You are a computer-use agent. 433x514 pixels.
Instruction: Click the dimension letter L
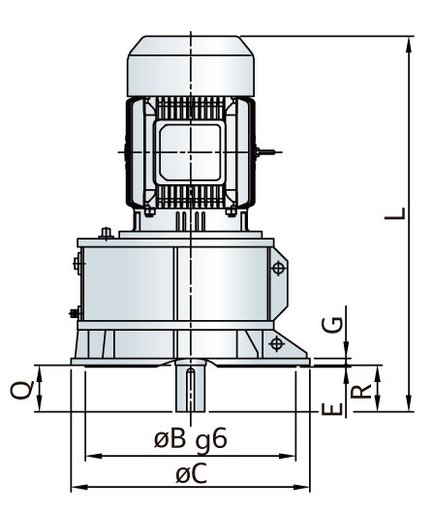tap(395, 213)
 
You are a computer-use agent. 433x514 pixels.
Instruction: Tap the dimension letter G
tap(332, 325)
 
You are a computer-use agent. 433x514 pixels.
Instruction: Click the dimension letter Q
tap(22, 390)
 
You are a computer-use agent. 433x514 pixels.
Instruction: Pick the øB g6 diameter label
tap(190, 439)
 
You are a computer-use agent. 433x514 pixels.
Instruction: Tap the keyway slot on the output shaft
tap(190, 389)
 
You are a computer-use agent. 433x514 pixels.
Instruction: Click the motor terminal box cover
tap(190, 152)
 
